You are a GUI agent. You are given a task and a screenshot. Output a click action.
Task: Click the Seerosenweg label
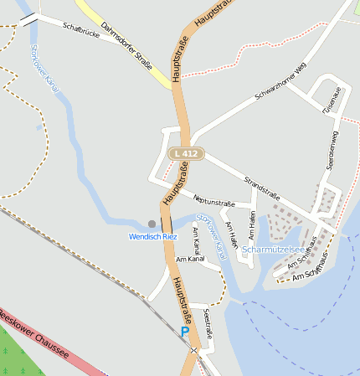click(333, 151)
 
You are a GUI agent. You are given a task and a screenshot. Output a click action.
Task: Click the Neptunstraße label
click(213, 200)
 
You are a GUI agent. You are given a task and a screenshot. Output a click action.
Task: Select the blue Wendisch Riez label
click(153, 237)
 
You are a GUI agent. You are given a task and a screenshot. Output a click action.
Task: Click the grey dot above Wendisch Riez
click(152, 224)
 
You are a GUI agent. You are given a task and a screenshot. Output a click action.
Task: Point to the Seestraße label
click(208, 323)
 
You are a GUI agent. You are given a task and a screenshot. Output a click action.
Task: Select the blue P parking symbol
click(184, 332)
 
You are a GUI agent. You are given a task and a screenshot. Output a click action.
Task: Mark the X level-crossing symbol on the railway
click(193, 349)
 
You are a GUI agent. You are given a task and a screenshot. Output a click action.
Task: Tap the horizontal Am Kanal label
click(190, 259)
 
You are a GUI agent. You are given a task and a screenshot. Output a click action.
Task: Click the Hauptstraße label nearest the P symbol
click(177, 302)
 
